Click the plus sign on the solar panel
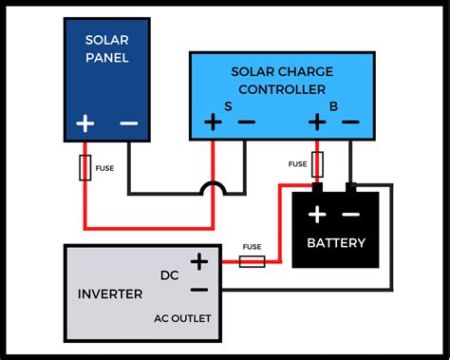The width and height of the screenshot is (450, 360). coord(84,123)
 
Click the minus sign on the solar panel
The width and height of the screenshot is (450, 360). coord(127,123)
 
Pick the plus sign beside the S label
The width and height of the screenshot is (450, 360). coord(212,123)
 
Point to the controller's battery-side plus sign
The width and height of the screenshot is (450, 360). coord(317,123)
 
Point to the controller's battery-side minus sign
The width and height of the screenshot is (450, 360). coord(350,123)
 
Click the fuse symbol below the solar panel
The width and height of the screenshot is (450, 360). coord(84,169)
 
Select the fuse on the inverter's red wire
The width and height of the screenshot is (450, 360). coord(252,260)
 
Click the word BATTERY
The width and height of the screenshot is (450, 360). coord(335,243)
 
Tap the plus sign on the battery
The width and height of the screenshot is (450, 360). coord(317,213)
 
